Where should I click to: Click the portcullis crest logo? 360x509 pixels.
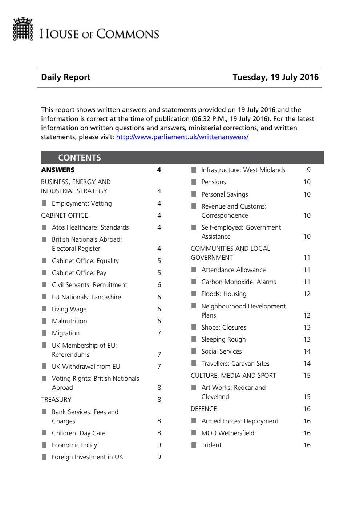23,29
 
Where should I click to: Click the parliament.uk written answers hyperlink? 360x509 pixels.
182,137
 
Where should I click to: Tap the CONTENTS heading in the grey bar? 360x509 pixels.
80,158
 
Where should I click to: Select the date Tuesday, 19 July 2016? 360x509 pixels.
275,77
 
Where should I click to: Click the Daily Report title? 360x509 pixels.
66,77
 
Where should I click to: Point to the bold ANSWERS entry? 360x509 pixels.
58,170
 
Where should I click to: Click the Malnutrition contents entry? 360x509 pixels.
69,321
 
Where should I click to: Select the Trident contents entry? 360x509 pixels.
211,445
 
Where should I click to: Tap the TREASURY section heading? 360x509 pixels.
56,400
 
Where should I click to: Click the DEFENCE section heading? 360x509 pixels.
204,409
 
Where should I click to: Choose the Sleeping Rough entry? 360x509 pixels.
223,339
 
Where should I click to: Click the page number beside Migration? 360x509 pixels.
159,333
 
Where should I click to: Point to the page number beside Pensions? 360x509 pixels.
307,182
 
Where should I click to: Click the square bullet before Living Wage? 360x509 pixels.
44,309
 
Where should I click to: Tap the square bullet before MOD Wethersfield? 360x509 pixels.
194,433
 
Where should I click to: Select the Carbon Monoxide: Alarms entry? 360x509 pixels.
239,282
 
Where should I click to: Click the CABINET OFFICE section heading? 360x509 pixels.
64,215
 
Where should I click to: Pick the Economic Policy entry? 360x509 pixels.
74,445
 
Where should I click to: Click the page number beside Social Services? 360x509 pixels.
307,351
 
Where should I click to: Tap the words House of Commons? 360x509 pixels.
99,34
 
